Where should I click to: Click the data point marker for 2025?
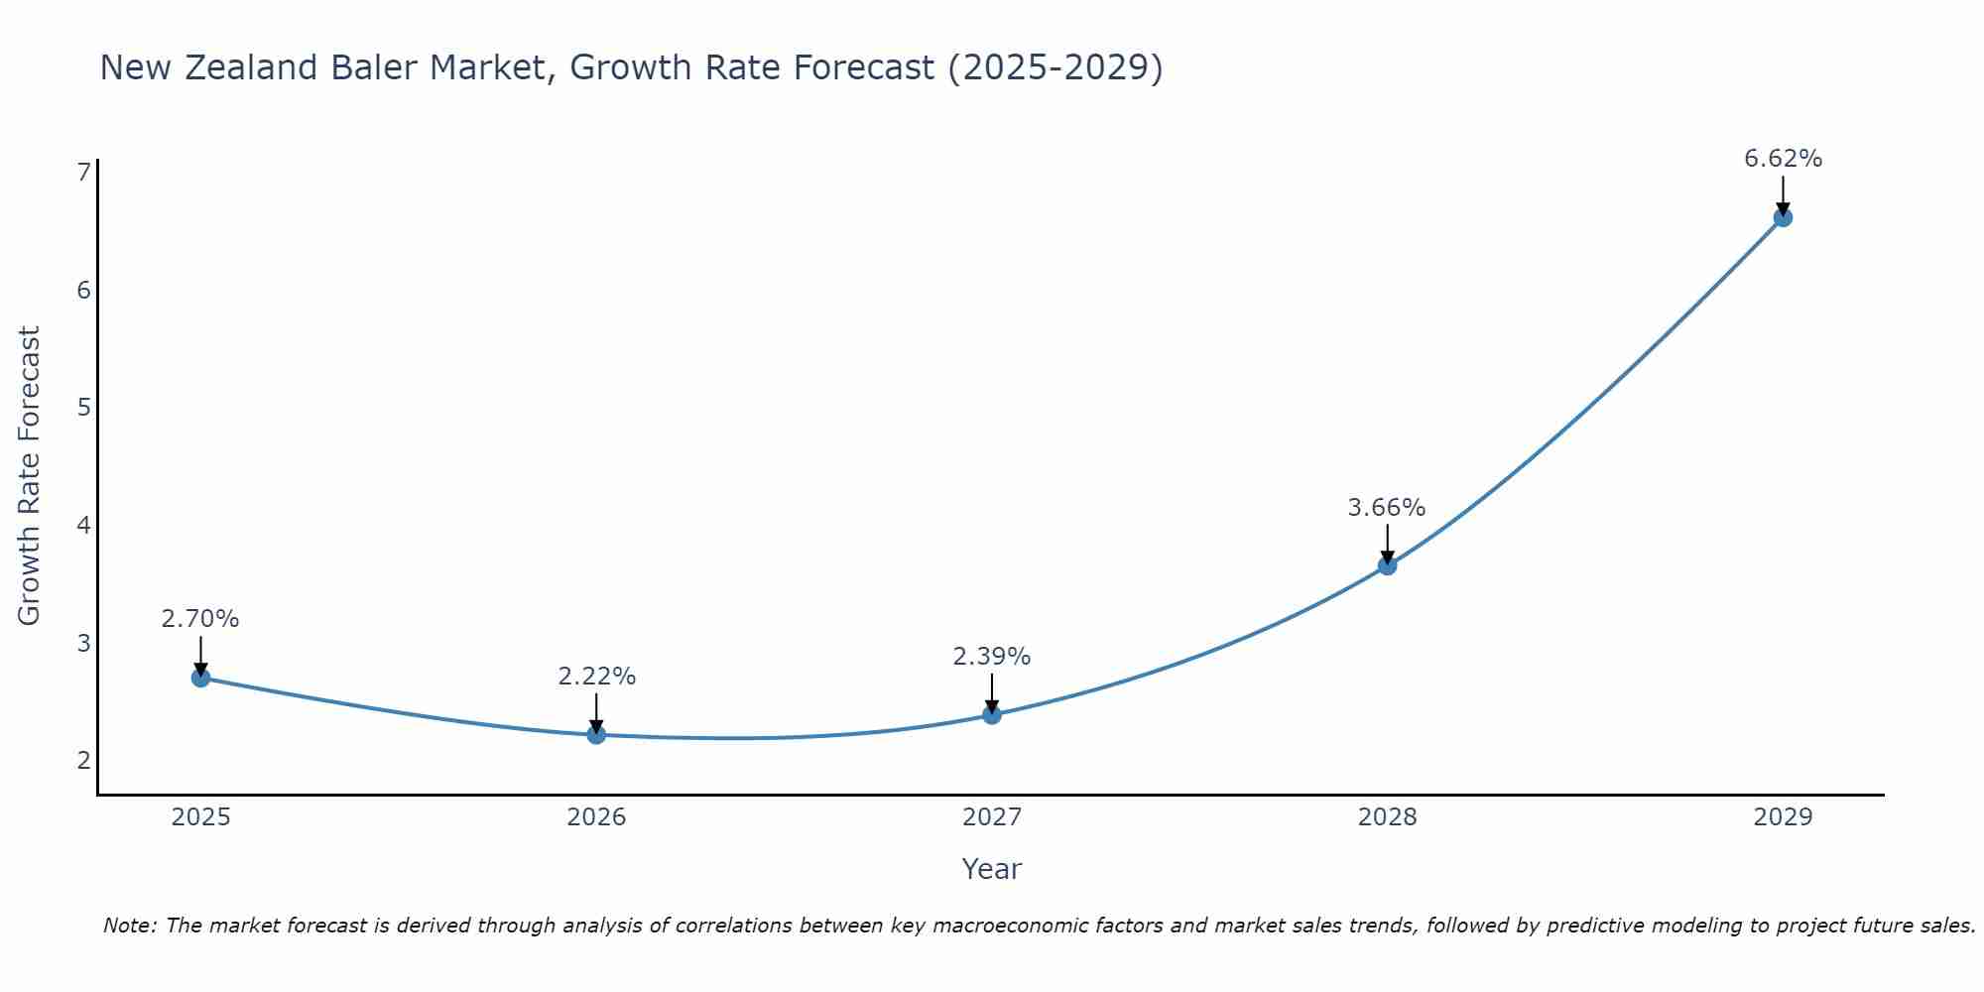point(200,679)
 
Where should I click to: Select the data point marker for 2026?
point(596,735)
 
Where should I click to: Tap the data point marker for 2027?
point(992,714)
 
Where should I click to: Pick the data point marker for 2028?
point(1387,565)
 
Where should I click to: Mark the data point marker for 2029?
point(1783,217)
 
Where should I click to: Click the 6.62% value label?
point(1783,159)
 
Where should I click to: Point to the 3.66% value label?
point(1386,508)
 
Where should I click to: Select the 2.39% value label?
point(991,657)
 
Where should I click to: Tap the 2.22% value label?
point(596,677)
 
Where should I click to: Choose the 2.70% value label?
point(200,619)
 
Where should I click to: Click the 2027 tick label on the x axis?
point(992,817)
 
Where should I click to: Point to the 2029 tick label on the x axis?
point(1783,817)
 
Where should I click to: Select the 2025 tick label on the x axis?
point(200,817)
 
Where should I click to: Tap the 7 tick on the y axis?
point(83,173)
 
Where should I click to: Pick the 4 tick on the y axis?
point(83,525)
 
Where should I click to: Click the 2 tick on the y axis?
point(83,761)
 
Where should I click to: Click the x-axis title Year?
point(991,869)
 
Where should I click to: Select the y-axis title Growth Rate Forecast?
point(30,476)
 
